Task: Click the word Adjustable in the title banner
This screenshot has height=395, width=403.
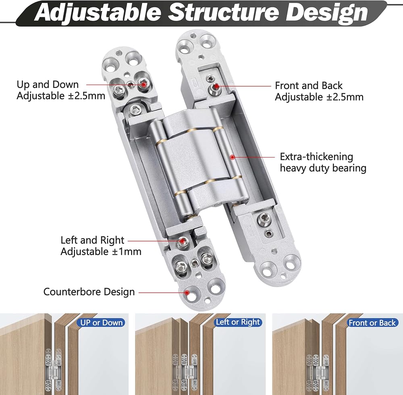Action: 98,13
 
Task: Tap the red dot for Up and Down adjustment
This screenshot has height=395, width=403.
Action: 143,84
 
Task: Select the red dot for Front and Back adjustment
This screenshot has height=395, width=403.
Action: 216,86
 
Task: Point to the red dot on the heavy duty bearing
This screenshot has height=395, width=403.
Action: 233,157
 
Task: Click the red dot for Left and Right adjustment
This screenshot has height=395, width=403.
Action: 182,241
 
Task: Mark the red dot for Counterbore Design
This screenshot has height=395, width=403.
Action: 187,292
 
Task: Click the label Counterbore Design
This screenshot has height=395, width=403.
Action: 89,292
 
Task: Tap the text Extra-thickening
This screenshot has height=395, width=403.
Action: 316,157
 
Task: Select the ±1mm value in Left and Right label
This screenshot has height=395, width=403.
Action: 127,251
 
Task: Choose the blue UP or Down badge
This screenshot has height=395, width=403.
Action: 101,323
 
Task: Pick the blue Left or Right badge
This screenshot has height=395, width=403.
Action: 238,322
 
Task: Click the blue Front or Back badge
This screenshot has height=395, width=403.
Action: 372,323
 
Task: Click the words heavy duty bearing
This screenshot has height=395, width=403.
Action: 323,168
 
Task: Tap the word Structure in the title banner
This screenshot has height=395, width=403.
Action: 223,13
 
